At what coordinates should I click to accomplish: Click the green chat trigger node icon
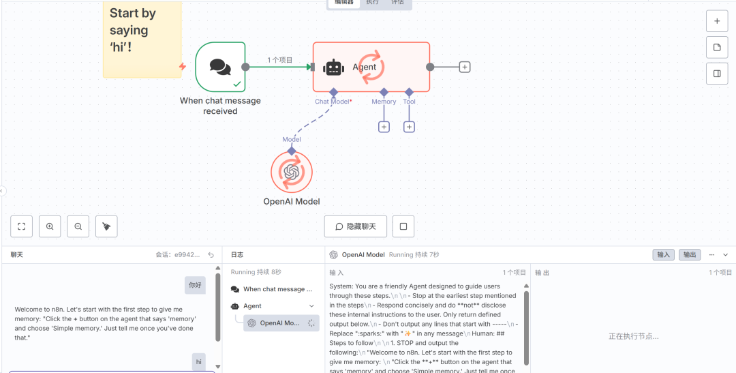[x=220, y=67]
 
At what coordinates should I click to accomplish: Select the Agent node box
[x=371, y=67]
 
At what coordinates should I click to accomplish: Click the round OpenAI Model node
[x=292, y=172]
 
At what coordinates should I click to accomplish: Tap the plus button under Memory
[x=384, y=127]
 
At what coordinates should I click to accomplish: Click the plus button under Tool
[x=409, y=127]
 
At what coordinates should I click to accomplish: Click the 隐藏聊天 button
[x=355, y=226]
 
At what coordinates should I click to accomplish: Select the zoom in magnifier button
[x=50, y=226]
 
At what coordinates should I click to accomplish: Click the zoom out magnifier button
[x=78, y=226]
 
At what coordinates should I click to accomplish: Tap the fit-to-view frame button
[x=22, y=226]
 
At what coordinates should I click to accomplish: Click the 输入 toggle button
[x=663, y=254]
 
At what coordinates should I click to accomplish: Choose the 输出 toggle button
[x=690, y=254]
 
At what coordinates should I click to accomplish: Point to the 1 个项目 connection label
[x=279, y=60]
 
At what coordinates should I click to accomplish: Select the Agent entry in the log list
[x=253, y=306]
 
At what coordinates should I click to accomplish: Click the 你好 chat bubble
[x=195, y=285]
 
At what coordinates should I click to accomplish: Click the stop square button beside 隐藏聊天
[x=403, y=226]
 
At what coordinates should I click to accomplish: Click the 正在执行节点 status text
[x=633, y=336]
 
